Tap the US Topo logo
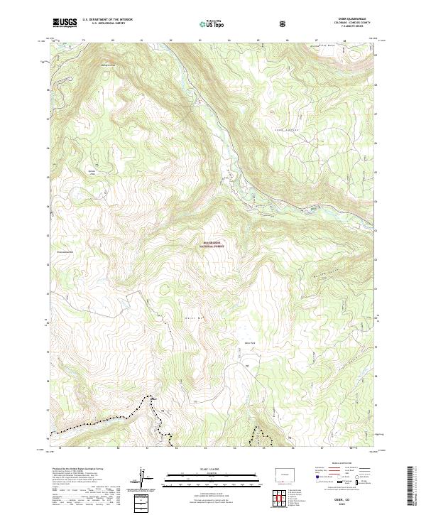[213, 23]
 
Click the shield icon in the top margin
[283, 23]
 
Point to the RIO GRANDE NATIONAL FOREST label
[213, 245]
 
